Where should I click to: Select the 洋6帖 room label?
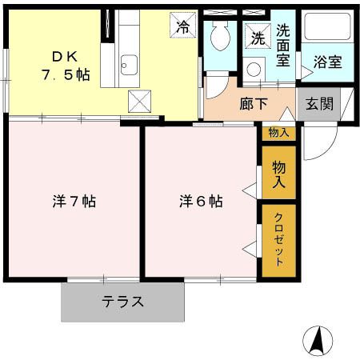pos(200,202)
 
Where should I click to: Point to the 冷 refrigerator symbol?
pos(183,26)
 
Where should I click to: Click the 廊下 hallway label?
pos(254,103)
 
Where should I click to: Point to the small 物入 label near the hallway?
pos(278,133)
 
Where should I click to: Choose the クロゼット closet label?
pos(279,240)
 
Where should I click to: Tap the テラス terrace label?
pos(122,302)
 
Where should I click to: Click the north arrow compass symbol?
pos(318,341)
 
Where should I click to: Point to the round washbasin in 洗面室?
pos(254,70)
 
